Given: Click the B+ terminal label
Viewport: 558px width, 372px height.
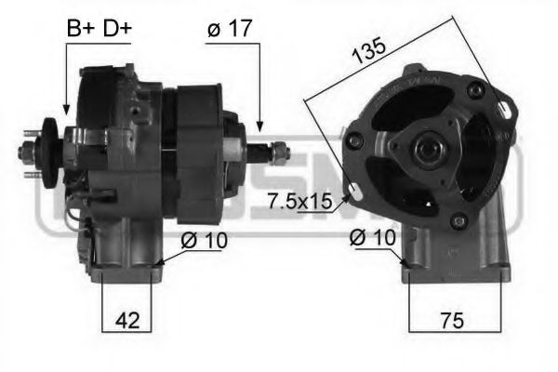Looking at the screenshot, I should pos(79,29).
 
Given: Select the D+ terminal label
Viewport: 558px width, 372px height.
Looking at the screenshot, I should pos(116,29).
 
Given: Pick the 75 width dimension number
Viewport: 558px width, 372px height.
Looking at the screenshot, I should pos(452,321).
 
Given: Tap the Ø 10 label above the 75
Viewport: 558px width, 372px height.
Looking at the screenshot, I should pos(369,239).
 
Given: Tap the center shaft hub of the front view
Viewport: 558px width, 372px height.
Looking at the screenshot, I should pos(431,146).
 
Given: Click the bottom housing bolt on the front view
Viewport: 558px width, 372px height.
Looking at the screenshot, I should pos(458,221).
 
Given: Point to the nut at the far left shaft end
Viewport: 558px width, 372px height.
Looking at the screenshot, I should pos(31,148).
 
